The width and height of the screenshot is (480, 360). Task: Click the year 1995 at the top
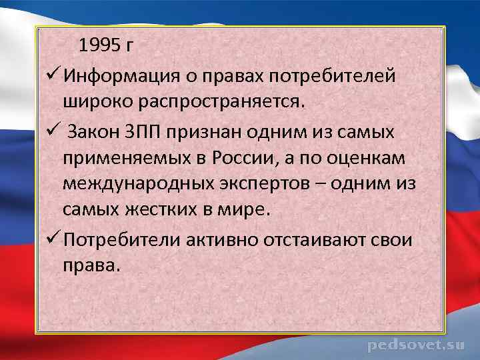click(99, 46)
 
